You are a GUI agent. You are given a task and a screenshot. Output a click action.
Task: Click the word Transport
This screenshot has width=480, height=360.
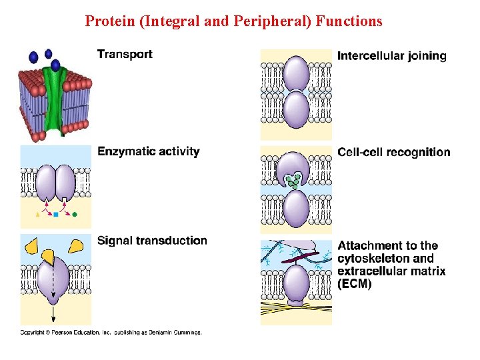point(125,55)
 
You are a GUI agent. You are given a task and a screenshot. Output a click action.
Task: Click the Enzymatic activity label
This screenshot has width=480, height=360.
point(149,151)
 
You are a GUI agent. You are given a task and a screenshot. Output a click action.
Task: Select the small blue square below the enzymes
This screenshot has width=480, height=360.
point(57,215)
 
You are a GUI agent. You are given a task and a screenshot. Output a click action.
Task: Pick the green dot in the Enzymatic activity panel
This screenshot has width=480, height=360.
point(75,215)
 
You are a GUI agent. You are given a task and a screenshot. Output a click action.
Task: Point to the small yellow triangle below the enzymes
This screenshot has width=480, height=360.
point(38,215)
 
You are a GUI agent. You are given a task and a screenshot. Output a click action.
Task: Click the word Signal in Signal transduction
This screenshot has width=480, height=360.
point(115,241)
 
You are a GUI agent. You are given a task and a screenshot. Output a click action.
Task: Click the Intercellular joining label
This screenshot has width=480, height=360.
point(392,56)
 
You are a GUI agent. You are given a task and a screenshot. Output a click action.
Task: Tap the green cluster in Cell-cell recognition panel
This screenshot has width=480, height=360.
point(292,180)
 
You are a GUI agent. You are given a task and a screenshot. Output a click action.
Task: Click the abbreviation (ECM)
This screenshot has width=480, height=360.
point(355,284)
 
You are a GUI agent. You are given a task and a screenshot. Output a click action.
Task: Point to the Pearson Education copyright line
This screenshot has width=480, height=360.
point(111,332)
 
